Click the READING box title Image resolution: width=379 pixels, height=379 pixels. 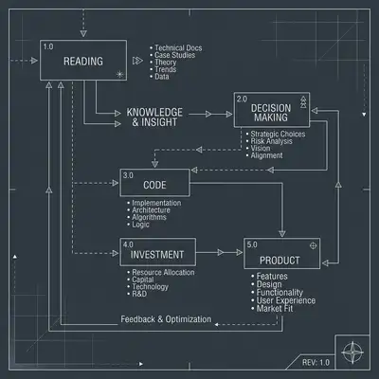click(83, 61)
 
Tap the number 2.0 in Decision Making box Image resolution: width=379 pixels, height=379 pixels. click(242, 99)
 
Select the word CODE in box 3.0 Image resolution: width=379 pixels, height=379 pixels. click(154, 185)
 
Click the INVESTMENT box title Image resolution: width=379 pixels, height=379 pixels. click(157, 255)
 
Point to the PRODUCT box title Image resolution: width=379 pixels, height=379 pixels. click(280, 261)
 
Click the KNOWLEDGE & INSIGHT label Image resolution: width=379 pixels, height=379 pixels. click(154, 117)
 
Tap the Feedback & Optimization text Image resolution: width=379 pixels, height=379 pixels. click(166, 319)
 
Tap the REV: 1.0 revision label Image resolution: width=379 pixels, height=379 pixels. click(316, 362)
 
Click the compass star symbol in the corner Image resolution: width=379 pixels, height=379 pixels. click(352, 352)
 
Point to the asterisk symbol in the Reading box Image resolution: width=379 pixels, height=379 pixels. click(120, 75)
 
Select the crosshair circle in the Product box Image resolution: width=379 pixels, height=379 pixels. click(313, 245)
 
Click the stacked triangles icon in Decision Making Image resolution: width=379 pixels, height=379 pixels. click(303, 102)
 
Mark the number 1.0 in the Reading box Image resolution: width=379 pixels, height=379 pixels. click(48, 46)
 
